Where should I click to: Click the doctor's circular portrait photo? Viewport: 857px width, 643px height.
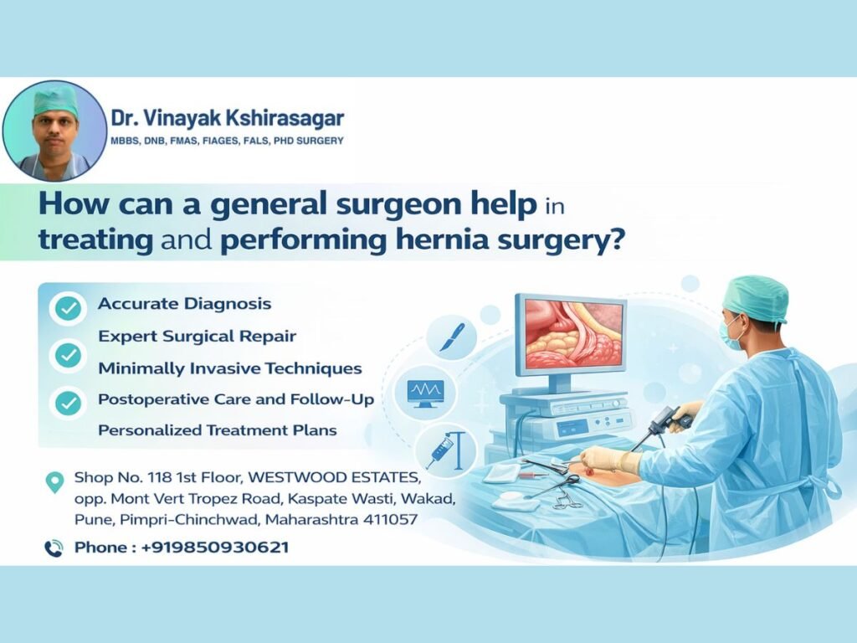[x=55, y=131]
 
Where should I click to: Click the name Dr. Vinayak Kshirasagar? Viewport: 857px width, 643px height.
[x=227, y=118]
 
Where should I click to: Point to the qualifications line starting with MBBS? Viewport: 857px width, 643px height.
[x=227, y=141]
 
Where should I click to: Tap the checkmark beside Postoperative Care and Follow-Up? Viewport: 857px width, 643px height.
[x=66, y=403]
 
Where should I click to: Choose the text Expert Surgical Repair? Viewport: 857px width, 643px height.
[x=197, y=336]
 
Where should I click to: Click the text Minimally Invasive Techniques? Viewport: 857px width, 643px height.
[x=229, y=368]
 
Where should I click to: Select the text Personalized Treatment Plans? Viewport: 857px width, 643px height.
[x=217, y=430]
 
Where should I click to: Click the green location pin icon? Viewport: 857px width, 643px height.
[x=54, y=482]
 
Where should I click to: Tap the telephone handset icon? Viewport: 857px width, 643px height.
[x=54, y=548]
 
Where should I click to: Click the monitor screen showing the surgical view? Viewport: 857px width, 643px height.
[x=573, y=335]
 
